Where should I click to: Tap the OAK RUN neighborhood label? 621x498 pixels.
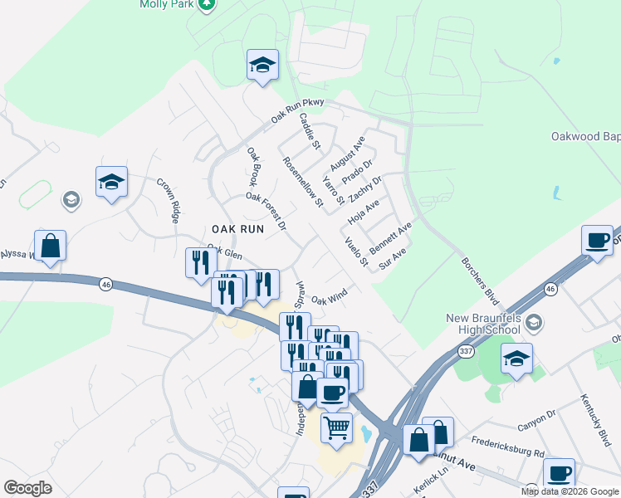click(x=237, y=228)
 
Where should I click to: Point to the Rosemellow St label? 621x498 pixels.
click(x=302, y=181)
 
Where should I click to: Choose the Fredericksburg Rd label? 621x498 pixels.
click(x=506, y=447)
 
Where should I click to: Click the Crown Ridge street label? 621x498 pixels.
click(x=169, y=200)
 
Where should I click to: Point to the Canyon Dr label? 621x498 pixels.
click(x=535, y=421)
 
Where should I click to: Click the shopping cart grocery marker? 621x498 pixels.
click(x=336, y=428)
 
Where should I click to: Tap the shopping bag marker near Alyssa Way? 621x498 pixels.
click(x=50, y=247)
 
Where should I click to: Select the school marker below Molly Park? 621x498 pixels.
click(x=262, y=66)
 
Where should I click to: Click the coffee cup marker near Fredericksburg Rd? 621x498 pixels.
click(x=559, y=474)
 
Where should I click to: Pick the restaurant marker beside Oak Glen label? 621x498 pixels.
click(x=200, y=264)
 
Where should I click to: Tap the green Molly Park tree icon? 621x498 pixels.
click(x=207, y=4)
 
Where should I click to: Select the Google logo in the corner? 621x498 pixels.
click(x=27, y=488)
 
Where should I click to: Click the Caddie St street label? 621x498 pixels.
click(x=310, y=131)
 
